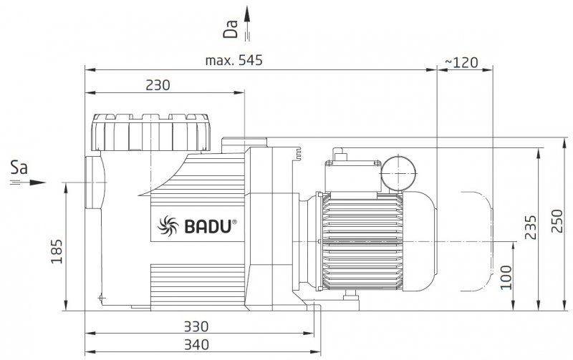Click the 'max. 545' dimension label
pyautogui.click(x=234, y=60)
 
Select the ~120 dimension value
pyautogui.click(x=461, y=62)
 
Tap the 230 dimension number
pyautogui.click(x=158, y=85)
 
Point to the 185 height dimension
pyautogui.click(x=57, y=251)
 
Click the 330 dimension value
pyautogui.click(x=196, y=326)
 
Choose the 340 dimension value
pyautogui.click(x=196, y=344)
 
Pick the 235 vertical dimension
pyautogui.click(x=531, y=227)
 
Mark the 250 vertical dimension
pyautogui.click(x=557, y=221)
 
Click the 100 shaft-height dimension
pyautogui.click(x=506, y=278)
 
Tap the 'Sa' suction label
pyautogui.click(x=19, y=168)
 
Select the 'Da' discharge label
pyautogui.click(x=231, y=29)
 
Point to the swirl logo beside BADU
pyautogui.click(x=168, y=225)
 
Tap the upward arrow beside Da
pyautogui.click(x=247, y=23)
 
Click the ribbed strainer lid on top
pyautogui.click(x=150, y=132)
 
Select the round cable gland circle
pyautogui.click(x=399, y=173)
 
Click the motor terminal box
pyautogui.click(x=353, y=176)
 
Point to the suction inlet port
pyautogui.click(x=95, y=183)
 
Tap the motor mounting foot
pyautogui.click(x=351, y=301)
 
